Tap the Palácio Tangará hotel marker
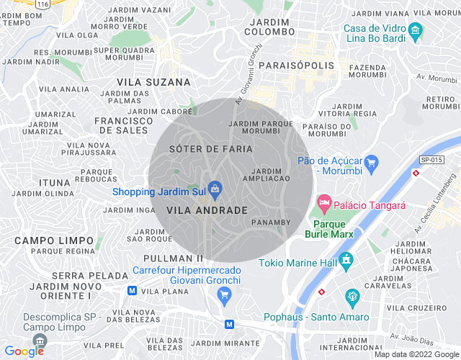coord(324,204)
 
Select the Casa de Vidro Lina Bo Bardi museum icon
coord(414,32)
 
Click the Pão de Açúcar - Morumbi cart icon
coord(372,163)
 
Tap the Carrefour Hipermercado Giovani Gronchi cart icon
coord(224,294)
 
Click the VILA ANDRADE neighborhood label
coord(207,210)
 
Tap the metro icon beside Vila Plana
coord(132,290)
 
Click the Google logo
coord(24,351)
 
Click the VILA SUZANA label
coord(153,82)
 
